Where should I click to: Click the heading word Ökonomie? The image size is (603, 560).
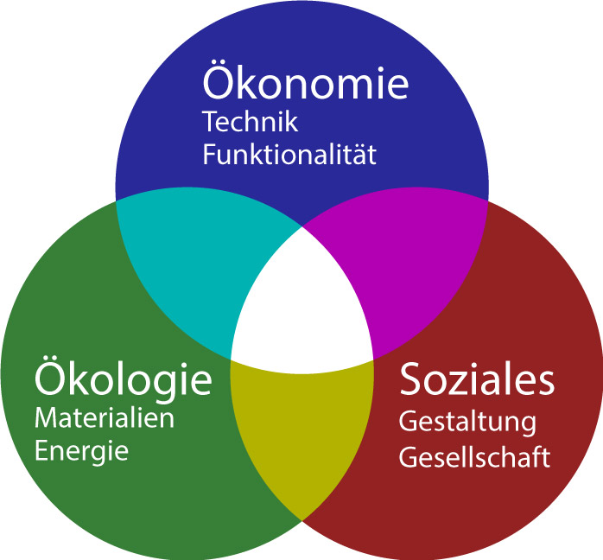tap(305, 84)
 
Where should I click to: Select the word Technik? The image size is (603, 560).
tap(250, 122)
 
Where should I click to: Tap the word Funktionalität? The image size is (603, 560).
tap(289, 156)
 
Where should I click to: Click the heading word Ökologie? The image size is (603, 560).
tap(123, 379)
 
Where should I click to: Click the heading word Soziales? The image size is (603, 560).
tap(476, 380)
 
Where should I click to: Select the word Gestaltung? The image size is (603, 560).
tap(467, 424)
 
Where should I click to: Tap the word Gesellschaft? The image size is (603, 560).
tap(473, 457)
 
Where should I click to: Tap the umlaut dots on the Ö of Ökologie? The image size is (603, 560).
tap(52, 360)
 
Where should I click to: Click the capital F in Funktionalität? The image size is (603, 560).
tap(208, 156)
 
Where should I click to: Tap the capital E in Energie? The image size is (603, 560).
tap(41, 451)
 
